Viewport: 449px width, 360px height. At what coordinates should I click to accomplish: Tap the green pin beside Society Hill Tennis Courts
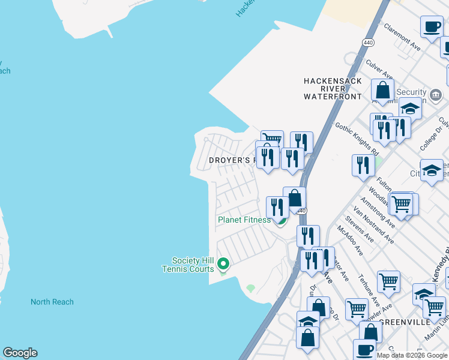coord(223,263)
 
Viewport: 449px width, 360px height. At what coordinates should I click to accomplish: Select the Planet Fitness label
coord(244,220)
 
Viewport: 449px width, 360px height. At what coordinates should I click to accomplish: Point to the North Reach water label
coord(52,302)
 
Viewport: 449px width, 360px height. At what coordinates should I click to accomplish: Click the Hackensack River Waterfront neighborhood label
coord(333,88)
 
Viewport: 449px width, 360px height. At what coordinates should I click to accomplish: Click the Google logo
coord(20,353)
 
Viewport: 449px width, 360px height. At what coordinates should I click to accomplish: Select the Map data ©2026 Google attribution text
coord(411,355)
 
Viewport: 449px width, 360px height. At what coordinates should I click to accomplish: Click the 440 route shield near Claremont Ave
coord(367,41)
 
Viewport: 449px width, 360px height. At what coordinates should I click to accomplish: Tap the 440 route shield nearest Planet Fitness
coord(302,211)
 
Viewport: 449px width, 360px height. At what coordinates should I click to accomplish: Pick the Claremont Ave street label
coord(402,36)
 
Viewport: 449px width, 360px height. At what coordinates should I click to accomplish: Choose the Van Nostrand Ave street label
coord(373,225)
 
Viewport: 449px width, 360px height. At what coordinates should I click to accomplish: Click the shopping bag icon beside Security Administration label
coord(382,91)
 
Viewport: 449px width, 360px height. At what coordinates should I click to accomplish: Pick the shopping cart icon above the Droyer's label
coord(272,140)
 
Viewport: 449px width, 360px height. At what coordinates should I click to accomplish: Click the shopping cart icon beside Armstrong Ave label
coord(401,203)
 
